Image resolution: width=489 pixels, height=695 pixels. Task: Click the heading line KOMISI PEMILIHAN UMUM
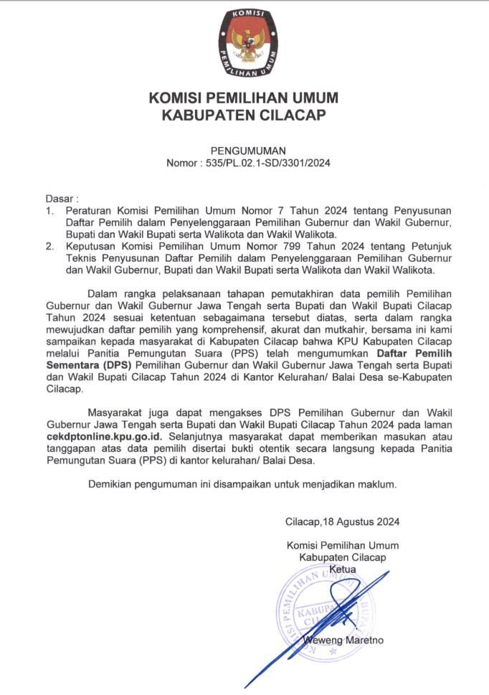pyautogui.click(x=244, y=98)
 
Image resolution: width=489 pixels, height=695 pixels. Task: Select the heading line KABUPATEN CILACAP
pyautogui.click(x=244, y=115)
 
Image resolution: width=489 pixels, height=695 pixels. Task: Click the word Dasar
pyautogui.click(x=60, y=197)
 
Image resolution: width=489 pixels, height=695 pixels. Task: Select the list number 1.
pyautogui.click(x=49, y=210)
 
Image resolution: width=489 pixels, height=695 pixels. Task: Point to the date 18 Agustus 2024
pyautogui.click(x=355, y=521)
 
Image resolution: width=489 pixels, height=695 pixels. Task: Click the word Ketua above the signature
pyautogui.click(x=342, y=569)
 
